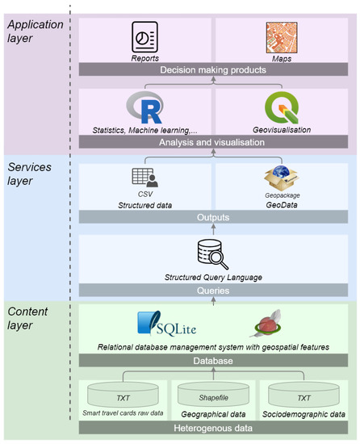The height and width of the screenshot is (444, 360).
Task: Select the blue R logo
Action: (145, 109)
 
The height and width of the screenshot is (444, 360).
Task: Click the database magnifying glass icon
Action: (214, 255)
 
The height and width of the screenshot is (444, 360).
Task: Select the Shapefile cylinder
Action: (214, 397)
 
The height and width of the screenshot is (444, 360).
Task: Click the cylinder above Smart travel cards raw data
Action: (123, 397)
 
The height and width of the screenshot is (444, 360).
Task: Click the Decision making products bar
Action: (214, 69)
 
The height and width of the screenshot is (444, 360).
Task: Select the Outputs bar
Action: (214, 217)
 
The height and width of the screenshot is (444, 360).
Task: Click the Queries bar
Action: (214, 289)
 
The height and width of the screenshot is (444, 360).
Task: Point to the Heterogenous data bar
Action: (214, 427)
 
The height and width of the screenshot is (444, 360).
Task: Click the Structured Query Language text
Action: (214, 276)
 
